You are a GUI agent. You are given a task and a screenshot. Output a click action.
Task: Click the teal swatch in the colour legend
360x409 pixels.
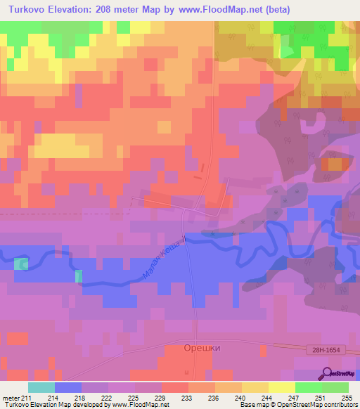[41, 387]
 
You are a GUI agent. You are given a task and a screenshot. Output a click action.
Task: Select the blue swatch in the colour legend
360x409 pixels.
[67, 387]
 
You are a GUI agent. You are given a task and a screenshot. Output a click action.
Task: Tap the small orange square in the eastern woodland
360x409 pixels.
[335, 165]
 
